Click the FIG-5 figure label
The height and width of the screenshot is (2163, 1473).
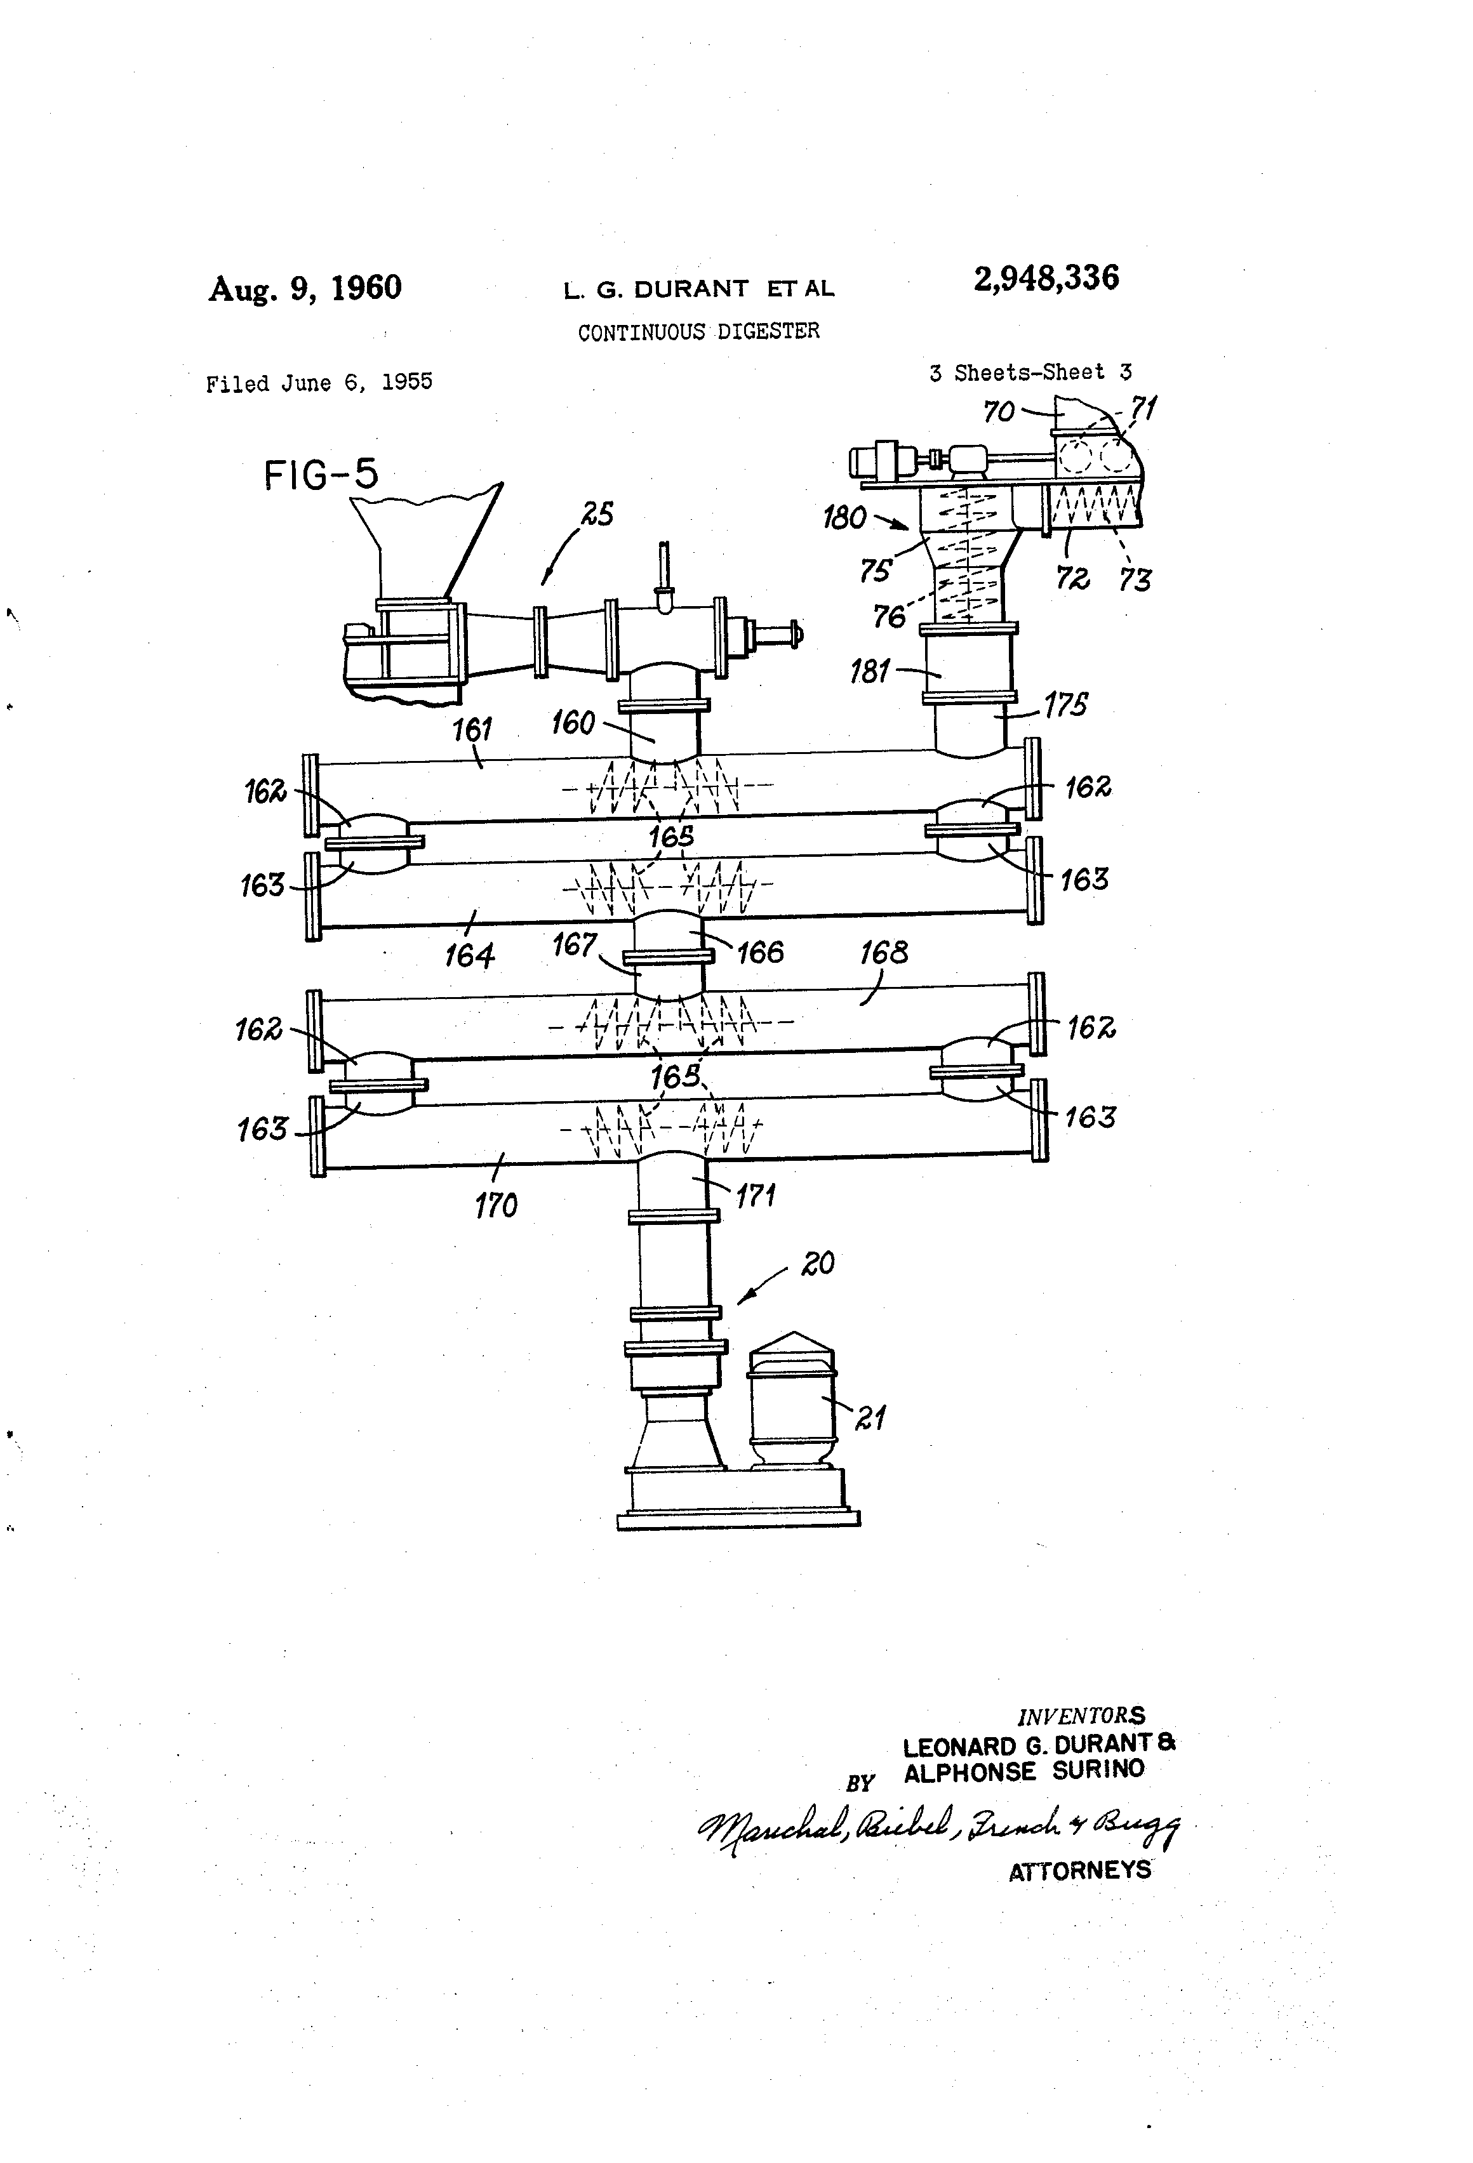[321, 475]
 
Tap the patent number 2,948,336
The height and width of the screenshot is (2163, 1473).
[1046, 277]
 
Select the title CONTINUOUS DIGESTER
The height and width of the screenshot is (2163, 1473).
[698, 331]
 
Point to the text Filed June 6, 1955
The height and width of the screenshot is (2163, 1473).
[319, 383]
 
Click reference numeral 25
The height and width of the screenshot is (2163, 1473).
[597, 513]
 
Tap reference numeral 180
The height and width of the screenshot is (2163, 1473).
[844, 517]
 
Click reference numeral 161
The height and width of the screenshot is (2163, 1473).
[472, 729]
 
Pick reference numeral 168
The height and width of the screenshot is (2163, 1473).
[883, 952]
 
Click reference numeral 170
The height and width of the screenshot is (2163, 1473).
[495, 1205]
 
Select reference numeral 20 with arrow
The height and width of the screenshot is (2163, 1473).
[816, 1263]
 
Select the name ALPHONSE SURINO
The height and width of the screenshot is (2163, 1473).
[1023, 1772]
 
